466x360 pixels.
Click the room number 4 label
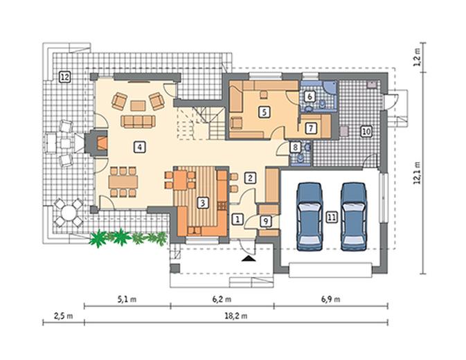click(x=139, y=147)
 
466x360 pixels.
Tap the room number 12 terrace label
click(x=64, y=78)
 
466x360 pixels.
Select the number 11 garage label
click(x=332, y=217)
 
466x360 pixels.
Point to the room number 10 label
click(x=366, y=131)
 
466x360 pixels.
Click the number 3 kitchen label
click(x=203, y=203)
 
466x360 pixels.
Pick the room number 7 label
click(x=311, y=128)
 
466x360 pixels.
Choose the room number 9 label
click(x=266, y=221)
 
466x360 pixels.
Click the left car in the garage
click(x=310, y=217)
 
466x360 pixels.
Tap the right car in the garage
click(x=353, y=217)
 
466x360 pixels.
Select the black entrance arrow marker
click(x=249, y=259)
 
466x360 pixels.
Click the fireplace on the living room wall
click(x=96, y=143)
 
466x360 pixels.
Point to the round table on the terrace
click(x=69, y=213)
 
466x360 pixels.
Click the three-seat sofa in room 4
click(x=138, y=121)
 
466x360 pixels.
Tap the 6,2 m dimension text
click(x=222, y=299)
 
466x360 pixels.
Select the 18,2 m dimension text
click(x=235, y=316)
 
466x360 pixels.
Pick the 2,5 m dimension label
click(x=63, y=316)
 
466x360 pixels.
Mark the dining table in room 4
click(x=123, y=182)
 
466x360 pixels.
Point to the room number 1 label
click(x=238, y=219)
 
